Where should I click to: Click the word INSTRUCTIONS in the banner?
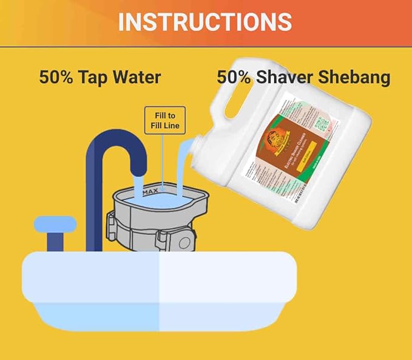pos(205,22)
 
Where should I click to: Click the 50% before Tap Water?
pos(58,78)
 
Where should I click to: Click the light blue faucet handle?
pos(55,225)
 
